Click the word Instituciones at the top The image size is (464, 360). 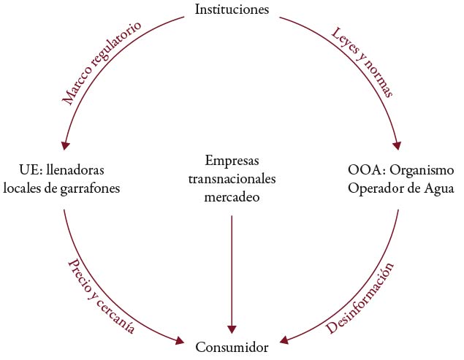(x=232, y=9)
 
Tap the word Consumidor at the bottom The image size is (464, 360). (x=232, y=348)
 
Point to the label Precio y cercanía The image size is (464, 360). (x=102, y=295)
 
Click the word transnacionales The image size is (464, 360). (x=232, y=178)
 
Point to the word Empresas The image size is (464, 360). (x=232, y=161)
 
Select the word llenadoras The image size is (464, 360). (x=75, y=170)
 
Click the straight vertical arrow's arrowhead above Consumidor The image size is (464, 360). (x=232, y=328)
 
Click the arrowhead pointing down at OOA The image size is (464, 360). (x=399, y=145)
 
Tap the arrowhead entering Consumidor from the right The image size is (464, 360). (x=286, y=341)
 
